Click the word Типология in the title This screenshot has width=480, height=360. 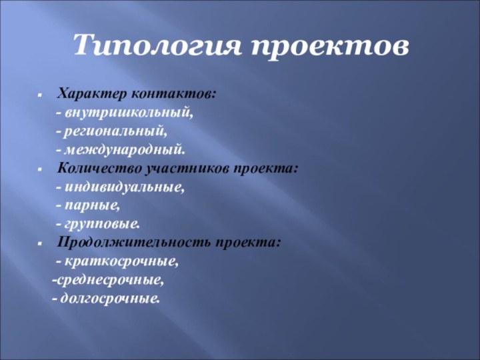(x=156, y=46)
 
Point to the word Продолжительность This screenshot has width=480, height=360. (x=133, y=241)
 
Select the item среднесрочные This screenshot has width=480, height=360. (x=111, y=279)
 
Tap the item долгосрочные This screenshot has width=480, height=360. (x=110, y=297)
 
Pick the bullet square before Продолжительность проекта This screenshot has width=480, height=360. (x=41, y=242)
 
